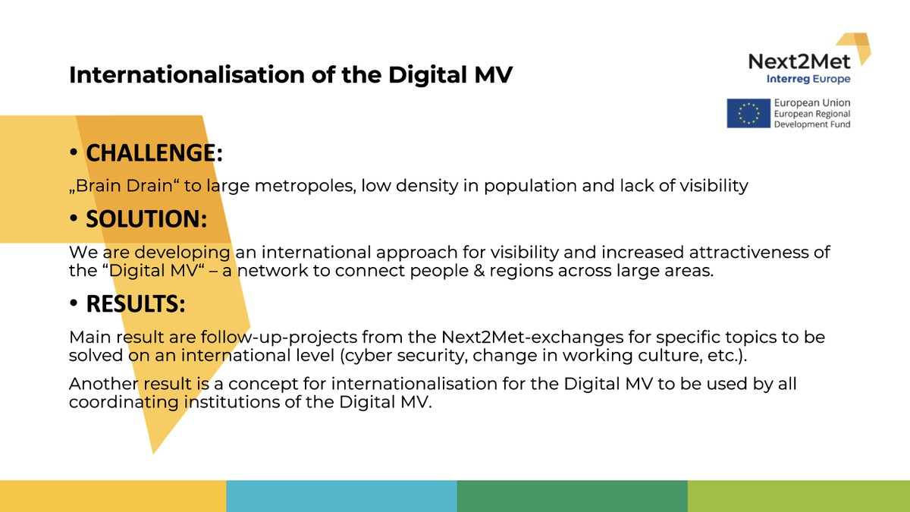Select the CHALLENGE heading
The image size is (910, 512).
coord(154,153)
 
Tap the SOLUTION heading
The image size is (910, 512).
coord(146,218)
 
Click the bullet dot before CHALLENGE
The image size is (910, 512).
coord(74,153)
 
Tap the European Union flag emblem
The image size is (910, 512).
coord(748,113)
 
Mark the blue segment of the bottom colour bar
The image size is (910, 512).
coord(341,496)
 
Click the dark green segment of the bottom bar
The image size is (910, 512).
coord(572,496)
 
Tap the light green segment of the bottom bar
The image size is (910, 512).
coord(799,496)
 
